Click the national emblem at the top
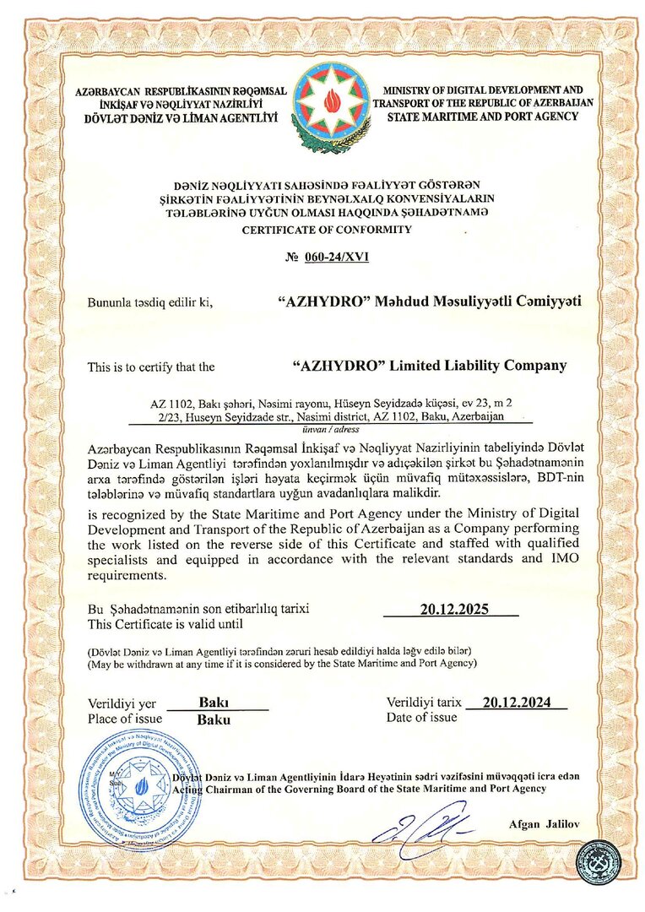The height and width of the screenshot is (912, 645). (331, 109)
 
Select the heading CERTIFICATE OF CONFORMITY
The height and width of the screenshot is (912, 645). (327, 229)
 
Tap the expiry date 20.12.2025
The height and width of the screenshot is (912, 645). (455, 609)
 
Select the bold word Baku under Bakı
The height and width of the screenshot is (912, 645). (214, 720)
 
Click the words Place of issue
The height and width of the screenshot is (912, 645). (121, 719)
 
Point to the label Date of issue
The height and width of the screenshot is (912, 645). (422, 717)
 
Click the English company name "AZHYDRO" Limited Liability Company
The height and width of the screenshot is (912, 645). (429, 366)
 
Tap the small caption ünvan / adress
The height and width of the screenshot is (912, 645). (326, 429)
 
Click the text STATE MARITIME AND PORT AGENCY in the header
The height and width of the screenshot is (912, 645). (482, 116)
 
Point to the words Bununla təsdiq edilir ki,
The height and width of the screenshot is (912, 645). (149, 301)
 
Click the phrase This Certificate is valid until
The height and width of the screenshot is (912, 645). (165, 624)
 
